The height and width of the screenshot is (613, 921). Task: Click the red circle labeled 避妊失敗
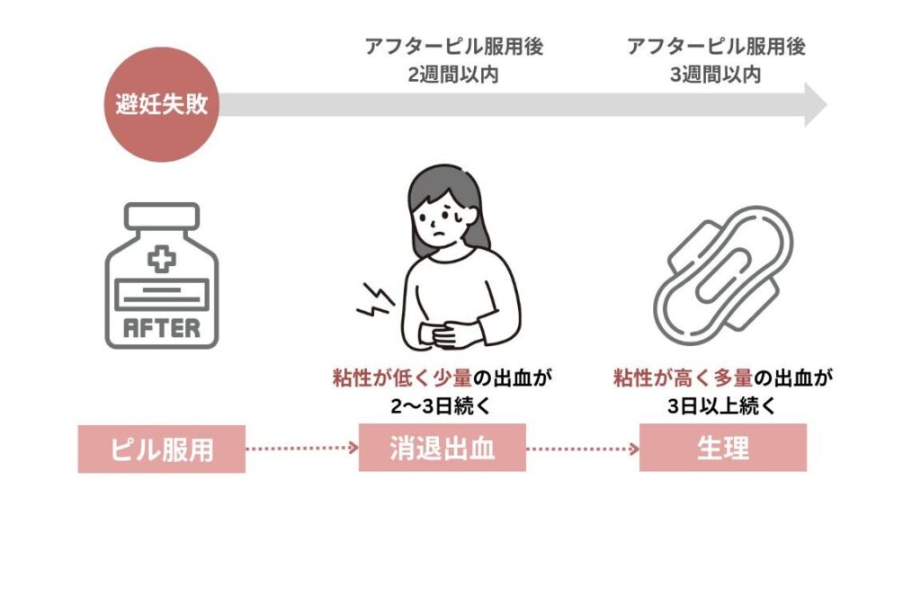(161, 104)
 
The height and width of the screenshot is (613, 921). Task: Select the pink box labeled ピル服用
(162, 449)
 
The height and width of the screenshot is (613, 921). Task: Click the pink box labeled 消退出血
(442, 449)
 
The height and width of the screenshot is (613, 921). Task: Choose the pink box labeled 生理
(722, 449)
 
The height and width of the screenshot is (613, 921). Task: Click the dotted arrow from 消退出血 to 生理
(582, 447)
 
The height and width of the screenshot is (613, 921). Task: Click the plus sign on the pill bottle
(162, 261)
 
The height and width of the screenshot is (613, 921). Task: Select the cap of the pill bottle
(162, 218)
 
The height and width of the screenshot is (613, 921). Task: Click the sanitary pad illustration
(723, 270)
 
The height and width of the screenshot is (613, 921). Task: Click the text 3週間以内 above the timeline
(716, 74)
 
